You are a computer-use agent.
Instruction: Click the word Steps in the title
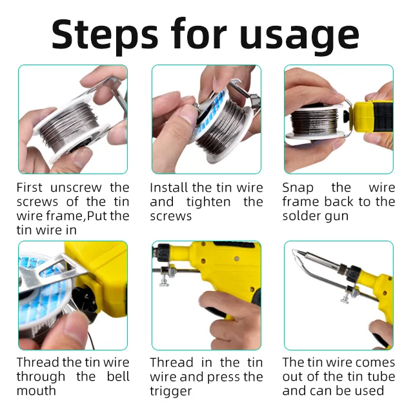(x=105, y=35)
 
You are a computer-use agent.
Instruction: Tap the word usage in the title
(x=299, y=37)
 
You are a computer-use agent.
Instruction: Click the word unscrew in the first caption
(x=76, y=188)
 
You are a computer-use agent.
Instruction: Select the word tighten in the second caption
(x=208, y=202)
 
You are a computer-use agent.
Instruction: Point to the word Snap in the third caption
(x=298, y=188)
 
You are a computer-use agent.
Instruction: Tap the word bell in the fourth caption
(x=118, y=376)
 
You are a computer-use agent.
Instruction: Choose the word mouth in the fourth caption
(x=36, y=390)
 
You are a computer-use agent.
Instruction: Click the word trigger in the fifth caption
(x=170, y=392)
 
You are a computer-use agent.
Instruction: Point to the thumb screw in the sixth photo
(x=346, y=299)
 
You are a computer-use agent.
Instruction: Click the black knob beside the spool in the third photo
(x=346, y=116)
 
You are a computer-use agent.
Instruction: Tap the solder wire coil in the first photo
(x=69, y=125)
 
